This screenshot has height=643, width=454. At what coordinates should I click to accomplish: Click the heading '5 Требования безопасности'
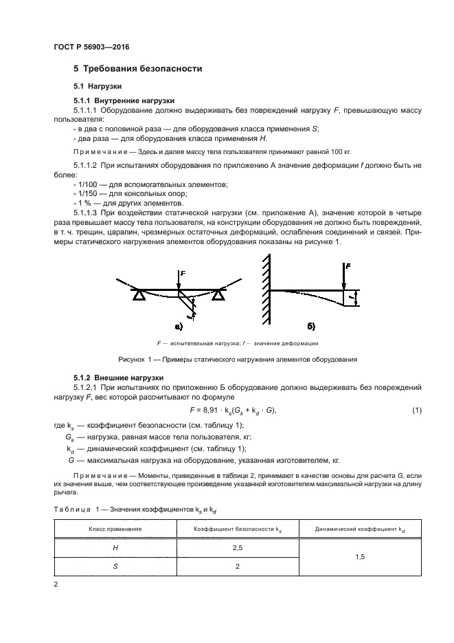137,69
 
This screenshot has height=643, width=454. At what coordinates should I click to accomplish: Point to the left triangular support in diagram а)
139,295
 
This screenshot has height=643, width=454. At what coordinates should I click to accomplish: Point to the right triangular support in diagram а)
218,295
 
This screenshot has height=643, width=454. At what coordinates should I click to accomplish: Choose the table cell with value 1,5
360,558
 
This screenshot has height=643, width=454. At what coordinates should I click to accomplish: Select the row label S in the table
115,567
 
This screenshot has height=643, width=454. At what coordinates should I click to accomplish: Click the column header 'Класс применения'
115,530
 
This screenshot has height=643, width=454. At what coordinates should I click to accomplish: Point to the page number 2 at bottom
56,585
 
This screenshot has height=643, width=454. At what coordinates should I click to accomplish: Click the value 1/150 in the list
88,195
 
